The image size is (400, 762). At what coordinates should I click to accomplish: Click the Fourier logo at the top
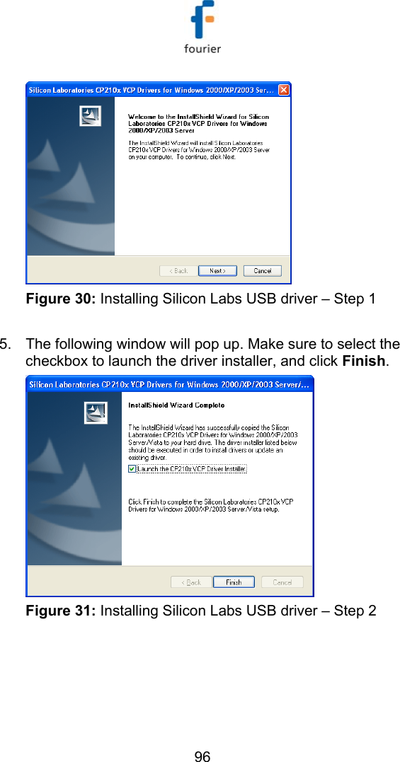click(x=202, y=28)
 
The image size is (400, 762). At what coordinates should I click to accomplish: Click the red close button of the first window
click(x=283, y=90)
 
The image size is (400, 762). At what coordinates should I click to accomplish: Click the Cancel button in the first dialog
click(x=262, y=271)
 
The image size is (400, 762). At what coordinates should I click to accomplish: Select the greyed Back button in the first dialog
click(x=178, y=271)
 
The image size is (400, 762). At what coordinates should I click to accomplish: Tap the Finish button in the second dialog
click(x=234, y=582)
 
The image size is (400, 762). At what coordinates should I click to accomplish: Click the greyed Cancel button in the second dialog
click(x=282, y=582)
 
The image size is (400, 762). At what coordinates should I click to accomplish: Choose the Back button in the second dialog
click(x=191, y=582)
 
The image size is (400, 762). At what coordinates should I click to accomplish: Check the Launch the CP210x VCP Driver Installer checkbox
click(x=132, y=468)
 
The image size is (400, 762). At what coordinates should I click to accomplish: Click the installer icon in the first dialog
click(x=90, y=116)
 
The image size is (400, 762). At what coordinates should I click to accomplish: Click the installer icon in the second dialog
click(x=96, y=412)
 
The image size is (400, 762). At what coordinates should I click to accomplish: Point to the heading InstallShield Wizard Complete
click(x=176, y=405)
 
